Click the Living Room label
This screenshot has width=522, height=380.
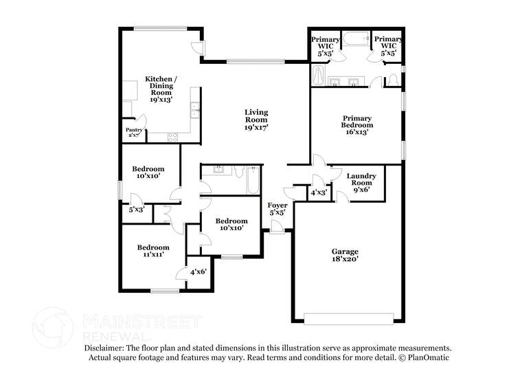tap(257, 120)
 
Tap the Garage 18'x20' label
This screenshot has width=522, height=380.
tap(344, 256)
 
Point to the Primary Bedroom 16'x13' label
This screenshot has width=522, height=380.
tap(357, 125)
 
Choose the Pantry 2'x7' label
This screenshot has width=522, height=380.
tap(134, 133)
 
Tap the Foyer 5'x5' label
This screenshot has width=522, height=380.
tap(277, 209)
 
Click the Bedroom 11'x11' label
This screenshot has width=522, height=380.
tap(152, 252)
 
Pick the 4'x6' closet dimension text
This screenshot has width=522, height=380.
tap(198, 272)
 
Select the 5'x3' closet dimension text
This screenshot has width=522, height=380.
tap(137, 210)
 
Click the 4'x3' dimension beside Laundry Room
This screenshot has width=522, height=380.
tap(319, 193)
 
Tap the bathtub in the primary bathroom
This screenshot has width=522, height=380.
tap(356, 40)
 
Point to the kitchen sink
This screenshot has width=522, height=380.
tap(195, 108)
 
